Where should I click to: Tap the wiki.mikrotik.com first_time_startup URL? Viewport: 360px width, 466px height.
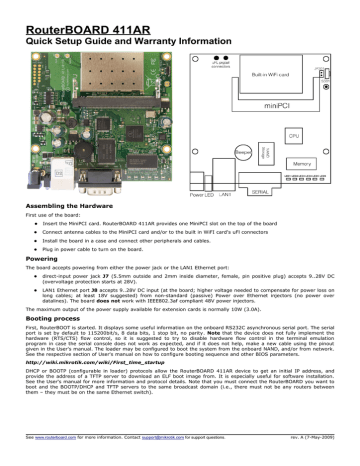[x=89, y=392]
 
